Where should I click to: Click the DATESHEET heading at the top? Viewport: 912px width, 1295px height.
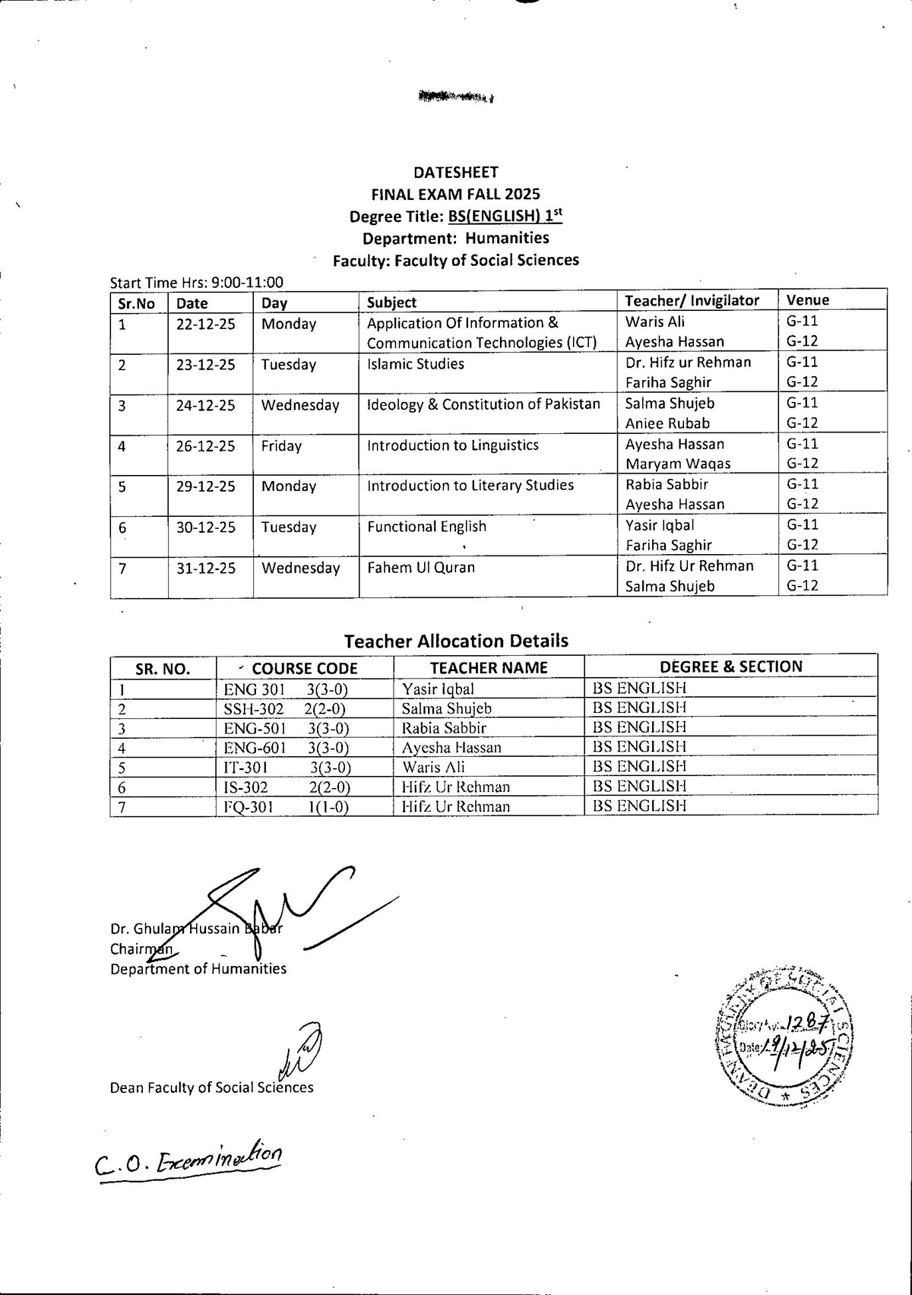(x=456, y=173)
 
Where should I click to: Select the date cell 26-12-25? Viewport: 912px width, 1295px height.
(x=205, y=446)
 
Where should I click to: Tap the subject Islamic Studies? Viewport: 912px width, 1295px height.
(x=415, y=364)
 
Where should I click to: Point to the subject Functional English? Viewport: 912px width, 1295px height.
(x=426, y=527)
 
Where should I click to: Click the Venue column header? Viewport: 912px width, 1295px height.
(x=807, y=300)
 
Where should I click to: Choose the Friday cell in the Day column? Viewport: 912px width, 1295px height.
(x=281, y=446)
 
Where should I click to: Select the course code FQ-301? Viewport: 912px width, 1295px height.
(x=248, y=807)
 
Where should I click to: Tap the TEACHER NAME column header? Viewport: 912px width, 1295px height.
(x=489, y=667)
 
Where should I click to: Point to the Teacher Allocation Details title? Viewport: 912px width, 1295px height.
(x=456, y=641)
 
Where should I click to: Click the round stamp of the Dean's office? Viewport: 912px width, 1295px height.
(x=784, y=1040)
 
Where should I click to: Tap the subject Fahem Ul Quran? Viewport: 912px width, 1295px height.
(x=420, y=568)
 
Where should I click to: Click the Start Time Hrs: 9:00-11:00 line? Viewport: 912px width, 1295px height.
(x=196, y=283)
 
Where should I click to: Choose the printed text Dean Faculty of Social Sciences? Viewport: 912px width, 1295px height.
(x=211, y=1088)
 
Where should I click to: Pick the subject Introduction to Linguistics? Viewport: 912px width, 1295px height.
(x=452, y=445)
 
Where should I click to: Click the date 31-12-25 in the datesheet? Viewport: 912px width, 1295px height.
(x=205, y=568)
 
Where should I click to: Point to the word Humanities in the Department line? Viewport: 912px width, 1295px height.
(x=507, y=238)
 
